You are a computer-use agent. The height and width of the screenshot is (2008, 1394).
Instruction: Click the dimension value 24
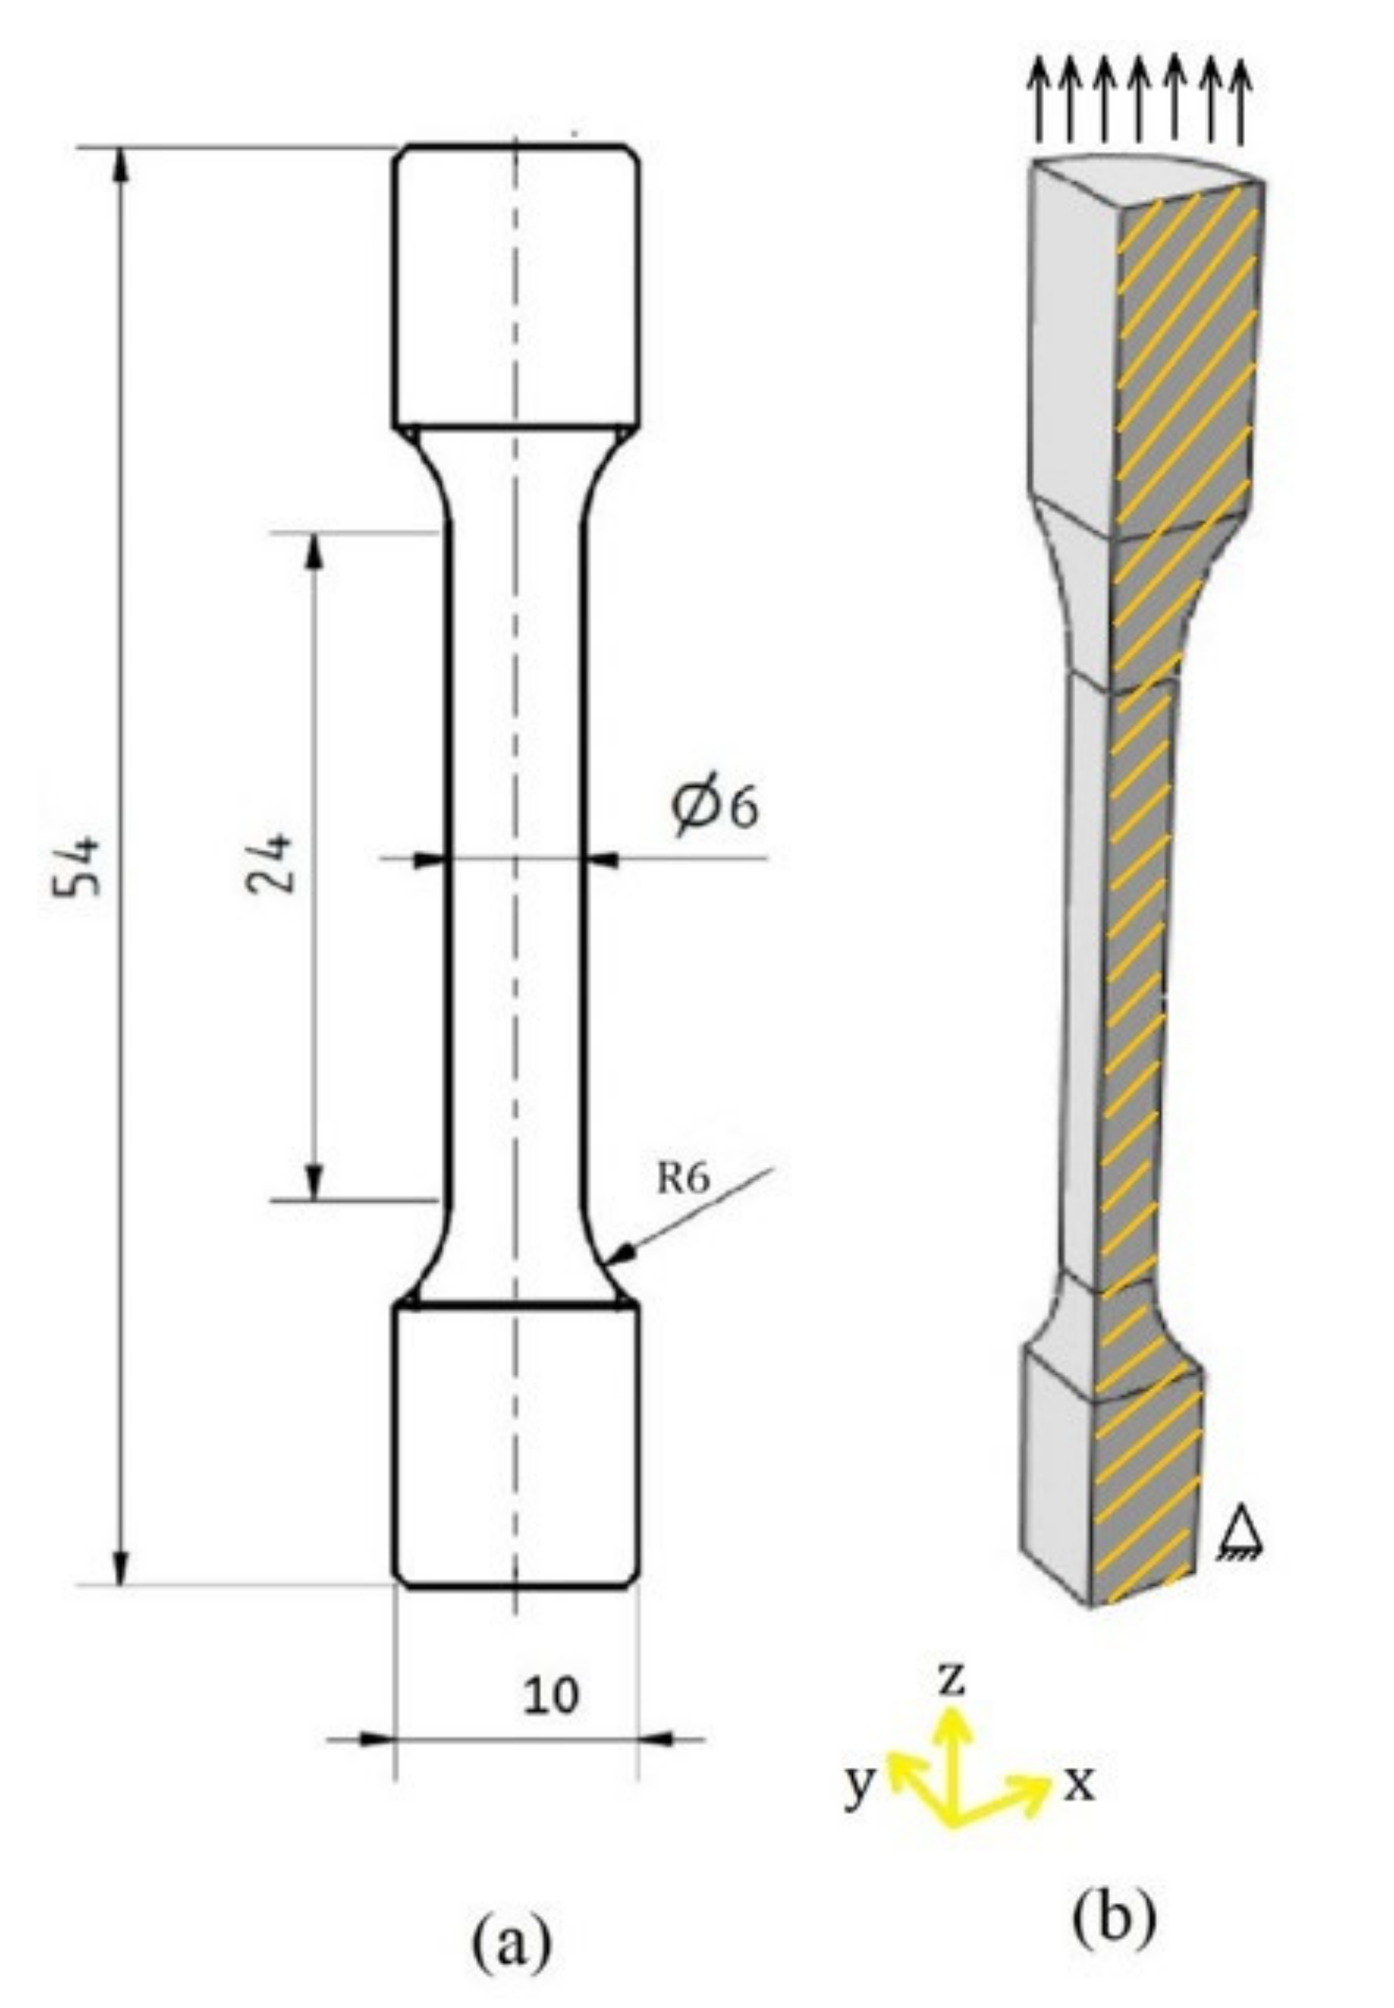[268, 864]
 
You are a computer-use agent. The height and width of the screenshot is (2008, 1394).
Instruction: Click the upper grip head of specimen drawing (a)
[516, 288]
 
